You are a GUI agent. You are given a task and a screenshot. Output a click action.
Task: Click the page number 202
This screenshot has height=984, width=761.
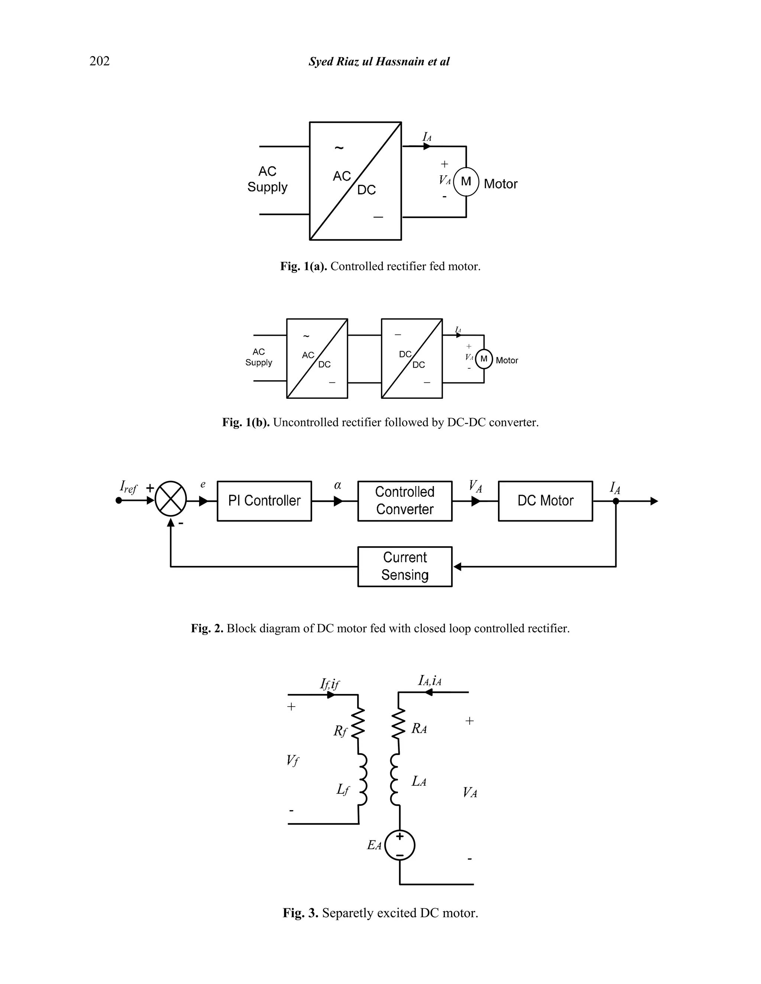99,61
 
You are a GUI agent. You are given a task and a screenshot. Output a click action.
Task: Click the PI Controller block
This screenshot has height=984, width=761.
264,501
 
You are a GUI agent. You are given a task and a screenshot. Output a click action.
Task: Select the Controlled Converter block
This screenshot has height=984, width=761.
404,501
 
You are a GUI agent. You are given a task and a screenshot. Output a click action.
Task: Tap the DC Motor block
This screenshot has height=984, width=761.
545,501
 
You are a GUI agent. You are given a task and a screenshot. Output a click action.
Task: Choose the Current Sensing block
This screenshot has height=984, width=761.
404,566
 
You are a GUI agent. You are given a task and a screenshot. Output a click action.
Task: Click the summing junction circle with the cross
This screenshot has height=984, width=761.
171,499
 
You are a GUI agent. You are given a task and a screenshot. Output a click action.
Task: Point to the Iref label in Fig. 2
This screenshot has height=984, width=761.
129,487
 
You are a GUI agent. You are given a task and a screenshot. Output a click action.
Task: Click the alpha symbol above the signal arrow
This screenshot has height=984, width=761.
338,485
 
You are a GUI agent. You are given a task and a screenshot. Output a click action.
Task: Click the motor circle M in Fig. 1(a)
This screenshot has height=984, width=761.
466,182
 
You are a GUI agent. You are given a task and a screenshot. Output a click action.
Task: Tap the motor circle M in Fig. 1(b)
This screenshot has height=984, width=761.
484,359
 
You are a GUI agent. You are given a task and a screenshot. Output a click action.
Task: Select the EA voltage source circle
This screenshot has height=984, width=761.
400,845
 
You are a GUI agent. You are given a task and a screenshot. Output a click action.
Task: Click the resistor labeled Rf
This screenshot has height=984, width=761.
357,724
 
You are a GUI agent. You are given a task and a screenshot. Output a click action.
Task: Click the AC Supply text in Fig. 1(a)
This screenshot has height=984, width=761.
267,179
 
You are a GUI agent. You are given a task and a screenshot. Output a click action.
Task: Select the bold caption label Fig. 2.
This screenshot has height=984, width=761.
207,629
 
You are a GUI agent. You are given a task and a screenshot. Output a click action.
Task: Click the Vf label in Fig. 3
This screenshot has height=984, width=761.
292,760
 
